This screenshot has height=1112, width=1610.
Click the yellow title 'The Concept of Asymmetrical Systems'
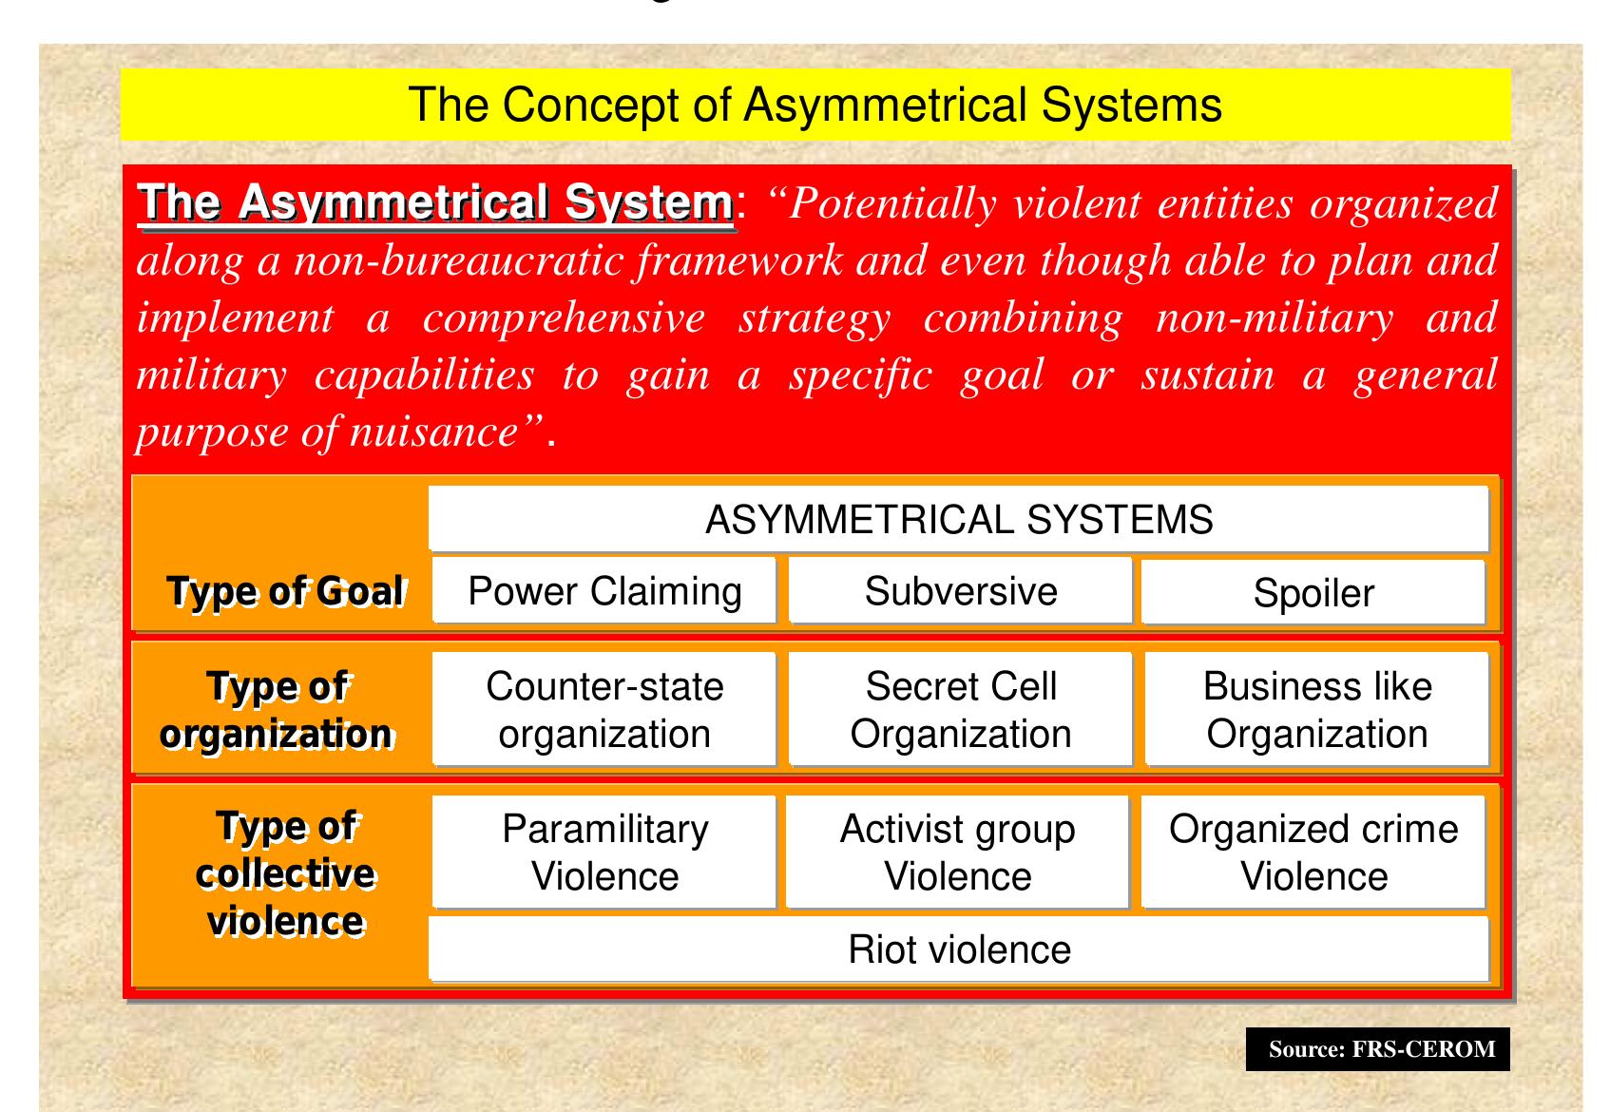tap(815, 105)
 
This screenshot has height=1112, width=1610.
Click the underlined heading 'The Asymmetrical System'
tap(436, 203)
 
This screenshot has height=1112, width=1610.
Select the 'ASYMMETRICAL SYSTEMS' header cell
tap(958, 520)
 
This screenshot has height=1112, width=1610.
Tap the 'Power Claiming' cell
tap(604, 591)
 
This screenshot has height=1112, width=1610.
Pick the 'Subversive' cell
tap(960, 591)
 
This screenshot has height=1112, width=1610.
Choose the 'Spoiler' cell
tap(1313, 593)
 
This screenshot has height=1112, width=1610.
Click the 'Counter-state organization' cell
tap(604, 710)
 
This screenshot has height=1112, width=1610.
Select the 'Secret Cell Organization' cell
tap(960, 710)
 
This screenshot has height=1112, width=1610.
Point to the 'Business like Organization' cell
tap(1316, 710)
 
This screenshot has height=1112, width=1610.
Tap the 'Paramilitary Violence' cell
tap(604, 853)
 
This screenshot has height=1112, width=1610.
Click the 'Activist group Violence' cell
tap(957, 853)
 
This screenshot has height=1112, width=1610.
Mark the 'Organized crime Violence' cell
tap(1313, 853)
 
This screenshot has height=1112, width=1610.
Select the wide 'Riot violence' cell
tap(958, 949)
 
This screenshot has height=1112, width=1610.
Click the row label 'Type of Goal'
tap(285, 591)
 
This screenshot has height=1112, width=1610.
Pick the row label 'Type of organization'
tap(277, 710)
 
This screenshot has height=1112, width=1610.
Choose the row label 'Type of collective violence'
tap(285, 873)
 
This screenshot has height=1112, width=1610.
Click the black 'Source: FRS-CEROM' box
tap(1377, 1049)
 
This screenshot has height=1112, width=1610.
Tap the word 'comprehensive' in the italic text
tap(564, 318)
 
